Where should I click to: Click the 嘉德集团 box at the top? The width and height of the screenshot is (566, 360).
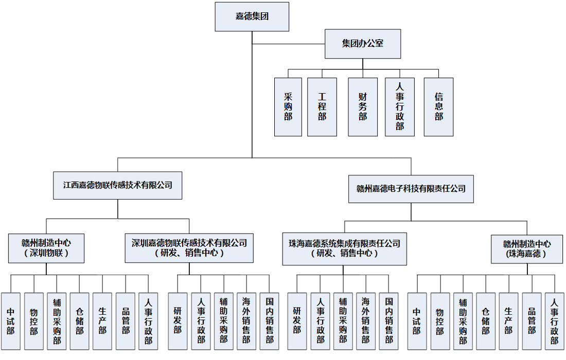pos(252,16)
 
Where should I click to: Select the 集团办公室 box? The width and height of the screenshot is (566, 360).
pos(362,44)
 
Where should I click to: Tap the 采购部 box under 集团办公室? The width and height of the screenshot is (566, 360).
pos(288,107)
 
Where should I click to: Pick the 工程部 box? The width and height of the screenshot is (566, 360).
pos(322,107)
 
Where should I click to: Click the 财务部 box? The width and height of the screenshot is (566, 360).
pos(363,107)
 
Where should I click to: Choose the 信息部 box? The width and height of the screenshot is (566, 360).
pos(438,107)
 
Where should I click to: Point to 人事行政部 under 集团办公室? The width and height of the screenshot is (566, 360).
pos(400,107)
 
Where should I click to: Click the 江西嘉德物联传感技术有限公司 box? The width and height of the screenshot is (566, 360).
pos(118,185)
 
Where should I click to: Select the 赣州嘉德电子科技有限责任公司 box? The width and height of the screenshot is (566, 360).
pos(411,188)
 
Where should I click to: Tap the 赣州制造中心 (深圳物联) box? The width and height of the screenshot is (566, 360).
pos(46,248)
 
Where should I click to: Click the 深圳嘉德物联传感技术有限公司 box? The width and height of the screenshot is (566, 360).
pos(189,248)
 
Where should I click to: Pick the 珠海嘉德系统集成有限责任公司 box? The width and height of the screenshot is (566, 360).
pos(344,248)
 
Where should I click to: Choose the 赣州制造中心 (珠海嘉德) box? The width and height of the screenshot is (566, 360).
pos(527,249)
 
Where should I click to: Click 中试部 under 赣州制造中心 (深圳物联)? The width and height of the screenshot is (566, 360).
pos(11,321)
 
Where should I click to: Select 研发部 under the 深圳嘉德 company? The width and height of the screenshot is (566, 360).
pos(178,321)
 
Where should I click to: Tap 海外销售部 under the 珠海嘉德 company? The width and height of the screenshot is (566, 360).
pos(365,321)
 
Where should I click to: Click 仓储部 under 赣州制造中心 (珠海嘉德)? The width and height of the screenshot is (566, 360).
pos(486,321)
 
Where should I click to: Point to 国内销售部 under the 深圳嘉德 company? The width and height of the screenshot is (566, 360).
pos(270,321)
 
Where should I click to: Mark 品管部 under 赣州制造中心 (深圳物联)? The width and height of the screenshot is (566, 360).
pos(126,321)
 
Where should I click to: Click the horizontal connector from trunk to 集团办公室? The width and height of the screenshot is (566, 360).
pos(288,44)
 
